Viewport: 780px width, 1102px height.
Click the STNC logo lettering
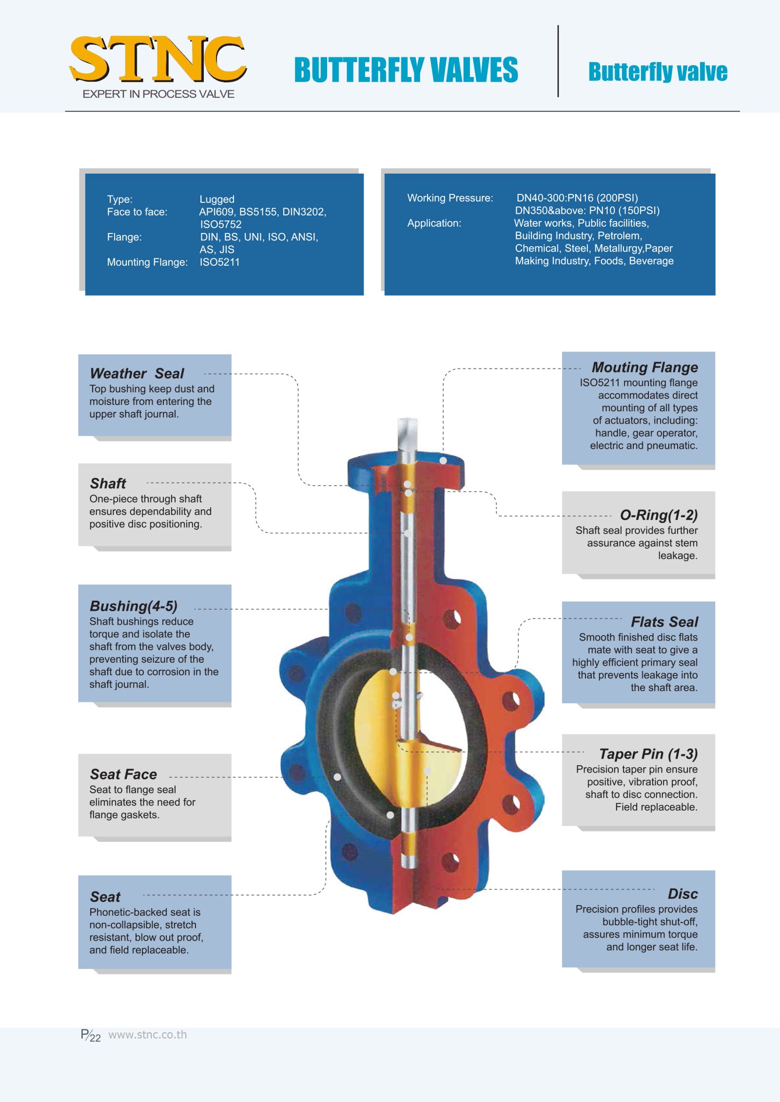[157, 59]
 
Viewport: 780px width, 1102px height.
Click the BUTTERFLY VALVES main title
[406, 70]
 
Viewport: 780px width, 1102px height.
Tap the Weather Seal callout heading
[137, 374]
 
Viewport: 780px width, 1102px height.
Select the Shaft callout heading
[108, 483]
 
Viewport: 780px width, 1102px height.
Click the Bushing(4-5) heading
[133, 606]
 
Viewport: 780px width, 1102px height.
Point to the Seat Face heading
[123, 774]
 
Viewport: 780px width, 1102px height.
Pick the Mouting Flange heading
[644, 367]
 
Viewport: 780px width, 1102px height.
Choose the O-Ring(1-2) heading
[659, 515]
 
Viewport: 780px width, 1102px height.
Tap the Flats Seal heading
[664, 622]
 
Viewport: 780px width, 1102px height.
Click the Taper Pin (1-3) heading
[648, 754]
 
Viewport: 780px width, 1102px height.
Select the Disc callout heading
[682, 894]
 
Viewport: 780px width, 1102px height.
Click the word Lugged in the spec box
[217, 199]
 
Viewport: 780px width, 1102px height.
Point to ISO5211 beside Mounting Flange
[219, 262]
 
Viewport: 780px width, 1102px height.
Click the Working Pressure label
[450, 198]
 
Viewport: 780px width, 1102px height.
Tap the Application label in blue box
[434, 224]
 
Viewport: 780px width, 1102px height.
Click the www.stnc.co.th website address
[147, 1035]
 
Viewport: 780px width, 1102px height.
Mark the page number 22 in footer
[95, 1038]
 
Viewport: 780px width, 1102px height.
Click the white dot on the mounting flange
[443, 461]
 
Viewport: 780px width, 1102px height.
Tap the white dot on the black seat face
[337, 777]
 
